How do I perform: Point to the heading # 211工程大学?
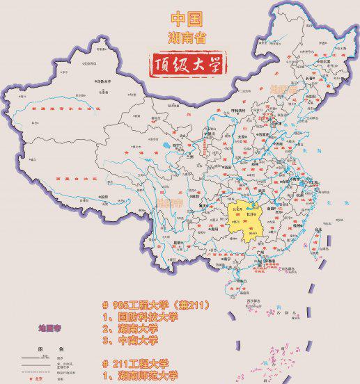(x=135, y=363)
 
